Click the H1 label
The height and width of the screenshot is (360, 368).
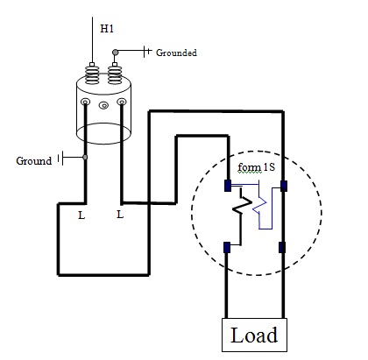(x=107, y=29)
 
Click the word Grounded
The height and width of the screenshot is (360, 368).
(x=176, y=53)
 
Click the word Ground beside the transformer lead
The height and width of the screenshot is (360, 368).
(x=34, y=161)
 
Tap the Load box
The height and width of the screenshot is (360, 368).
(x=254, y=335)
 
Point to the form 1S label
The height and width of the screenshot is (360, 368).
(x=257, y=167)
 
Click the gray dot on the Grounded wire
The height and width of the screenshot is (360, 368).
(x=116, y=53)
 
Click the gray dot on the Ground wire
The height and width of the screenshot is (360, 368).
(x=85, y=158)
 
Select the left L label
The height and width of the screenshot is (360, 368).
(x=81, y=215)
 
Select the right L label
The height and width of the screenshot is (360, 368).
(x=120, y=215)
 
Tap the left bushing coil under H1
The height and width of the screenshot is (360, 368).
(x=92, y=75)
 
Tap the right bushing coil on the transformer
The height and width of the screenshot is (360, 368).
(x=115, y=75)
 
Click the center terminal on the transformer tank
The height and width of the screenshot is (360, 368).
(x=103, y=105)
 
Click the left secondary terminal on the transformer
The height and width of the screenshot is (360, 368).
(x=85, y=102)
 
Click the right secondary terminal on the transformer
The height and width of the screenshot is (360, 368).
(x=122, y=102)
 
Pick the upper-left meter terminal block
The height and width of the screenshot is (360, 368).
(x=228, y=186)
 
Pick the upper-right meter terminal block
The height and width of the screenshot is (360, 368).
(x=284, y=186)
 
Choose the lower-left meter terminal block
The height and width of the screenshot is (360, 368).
(x=227, y=247)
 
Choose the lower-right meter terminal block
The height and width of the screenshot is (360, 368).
(x=282, y=247)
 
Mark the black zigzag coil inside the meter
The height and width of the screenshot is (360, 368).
(x=242, y=206)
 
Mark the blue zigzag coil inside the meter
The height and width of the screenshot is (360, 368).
(x=259, y=206)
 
